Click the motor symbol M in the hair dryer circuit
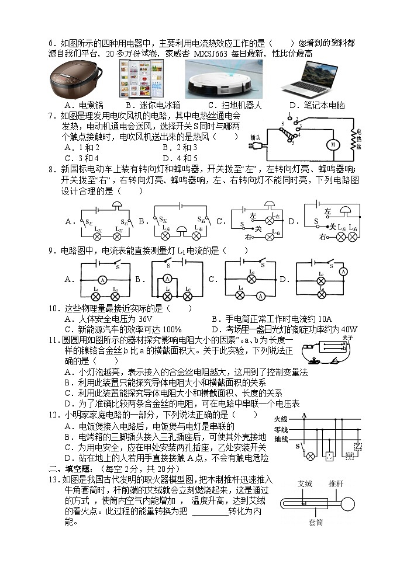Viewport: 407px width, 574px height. click(332, 144)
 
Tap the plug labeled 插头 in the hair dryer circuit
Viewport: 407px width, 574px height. click(256, 138)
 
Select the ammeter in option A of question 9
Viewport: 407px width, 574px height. click(102, 280)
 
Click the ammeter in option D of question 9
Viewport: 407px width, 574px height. click(343, 272)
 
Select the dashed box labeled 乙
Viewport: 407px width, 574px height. click(357, 447)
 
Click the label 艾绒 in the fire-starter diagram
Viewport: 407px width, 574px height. click(305, 483)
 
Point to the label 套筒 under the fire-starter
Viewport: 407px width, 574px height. click(316, 523)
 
